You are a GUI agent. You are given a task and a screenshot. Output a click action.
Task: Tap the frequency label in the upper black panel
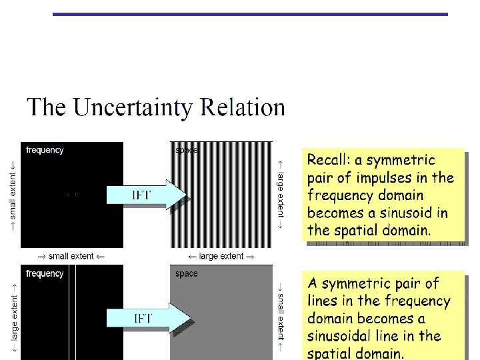point(45,150)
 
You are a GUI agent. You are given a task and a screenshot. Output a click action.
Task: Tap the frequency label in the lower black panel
point(45,273)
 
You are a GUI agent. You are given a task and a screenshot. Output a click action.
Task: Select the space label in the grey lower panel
point(186,274)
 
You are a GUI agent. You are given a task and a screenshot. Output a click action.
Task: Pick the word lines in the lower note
point(322,301)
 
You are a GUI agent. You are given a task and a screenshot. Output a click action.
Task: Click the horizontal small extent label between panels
point(71,256)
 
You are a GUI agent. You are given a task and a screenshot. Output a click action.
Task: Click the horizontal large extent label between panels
point(221,256)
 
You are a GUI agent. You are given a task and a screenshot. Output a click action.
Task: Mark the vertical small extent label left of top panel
point(13,193)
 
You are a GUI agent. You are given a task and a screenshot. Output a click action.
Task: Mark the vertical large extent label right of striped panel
point(281,193)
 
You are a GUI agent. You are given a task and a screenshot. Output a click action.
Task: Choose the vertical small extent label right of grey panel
point(281,319)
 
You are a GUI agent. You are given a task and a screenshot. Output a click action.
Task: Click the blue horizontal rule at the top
point(250,14)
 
